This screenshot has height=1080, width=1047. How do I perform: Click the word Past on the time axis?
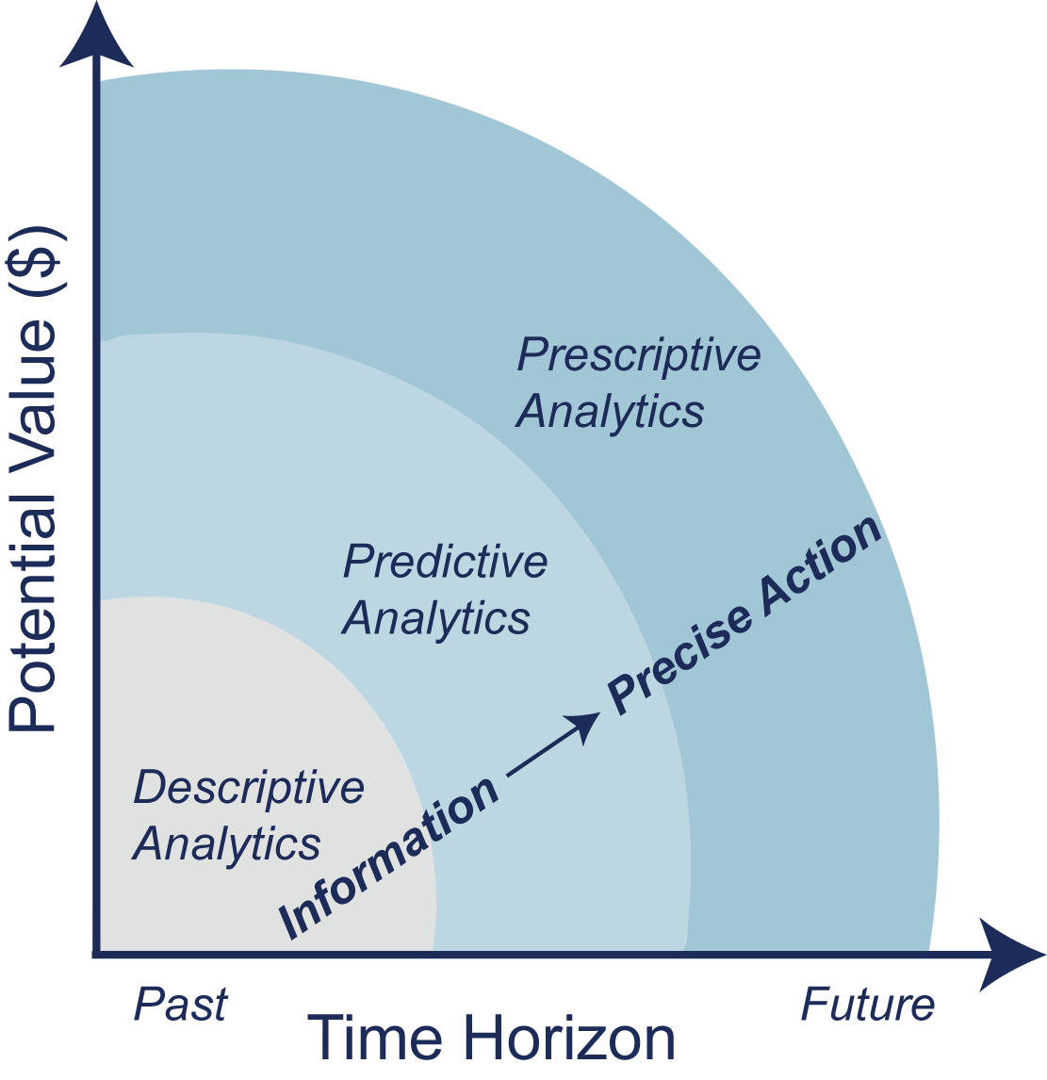[x=180, y=1005]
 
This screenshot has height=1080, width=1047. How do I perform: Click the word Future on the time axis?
[x=867, y=1005]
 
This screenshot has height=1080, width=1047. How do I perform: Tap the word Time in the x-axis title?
[x=374, y=1039]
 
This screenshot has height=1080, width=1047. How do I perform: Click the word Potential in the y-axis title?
[x=34, y=618]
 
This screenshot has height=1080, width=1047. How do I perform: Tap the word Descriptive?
[x=249, y=788]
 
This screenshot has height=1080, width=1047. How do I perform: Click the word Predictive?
[x=445, y=562]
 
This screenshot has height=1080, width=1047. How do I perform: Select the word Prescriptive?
[x=639, y=355]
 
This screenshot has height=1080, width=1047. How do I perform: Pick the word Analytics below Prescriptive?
[x=611, y=412]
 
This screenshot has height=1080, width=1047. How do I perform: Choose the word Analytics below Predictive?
[x=436, y=618]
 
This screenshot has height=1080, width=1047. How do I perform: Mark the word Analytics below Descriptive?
[x=227, y=843]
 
